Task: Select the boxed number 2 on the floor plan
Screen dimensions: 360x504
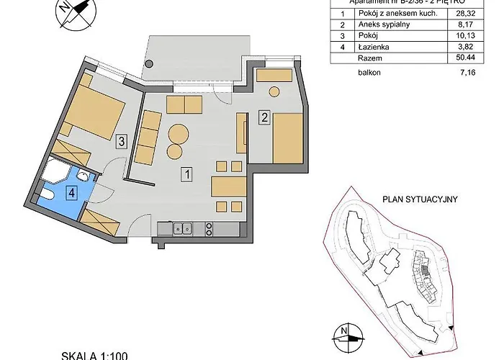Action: pyautogui.click(x=264, y=118)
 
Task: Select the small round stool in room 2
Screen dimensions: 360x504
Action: pyautogui.click(x=274, y=92)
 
